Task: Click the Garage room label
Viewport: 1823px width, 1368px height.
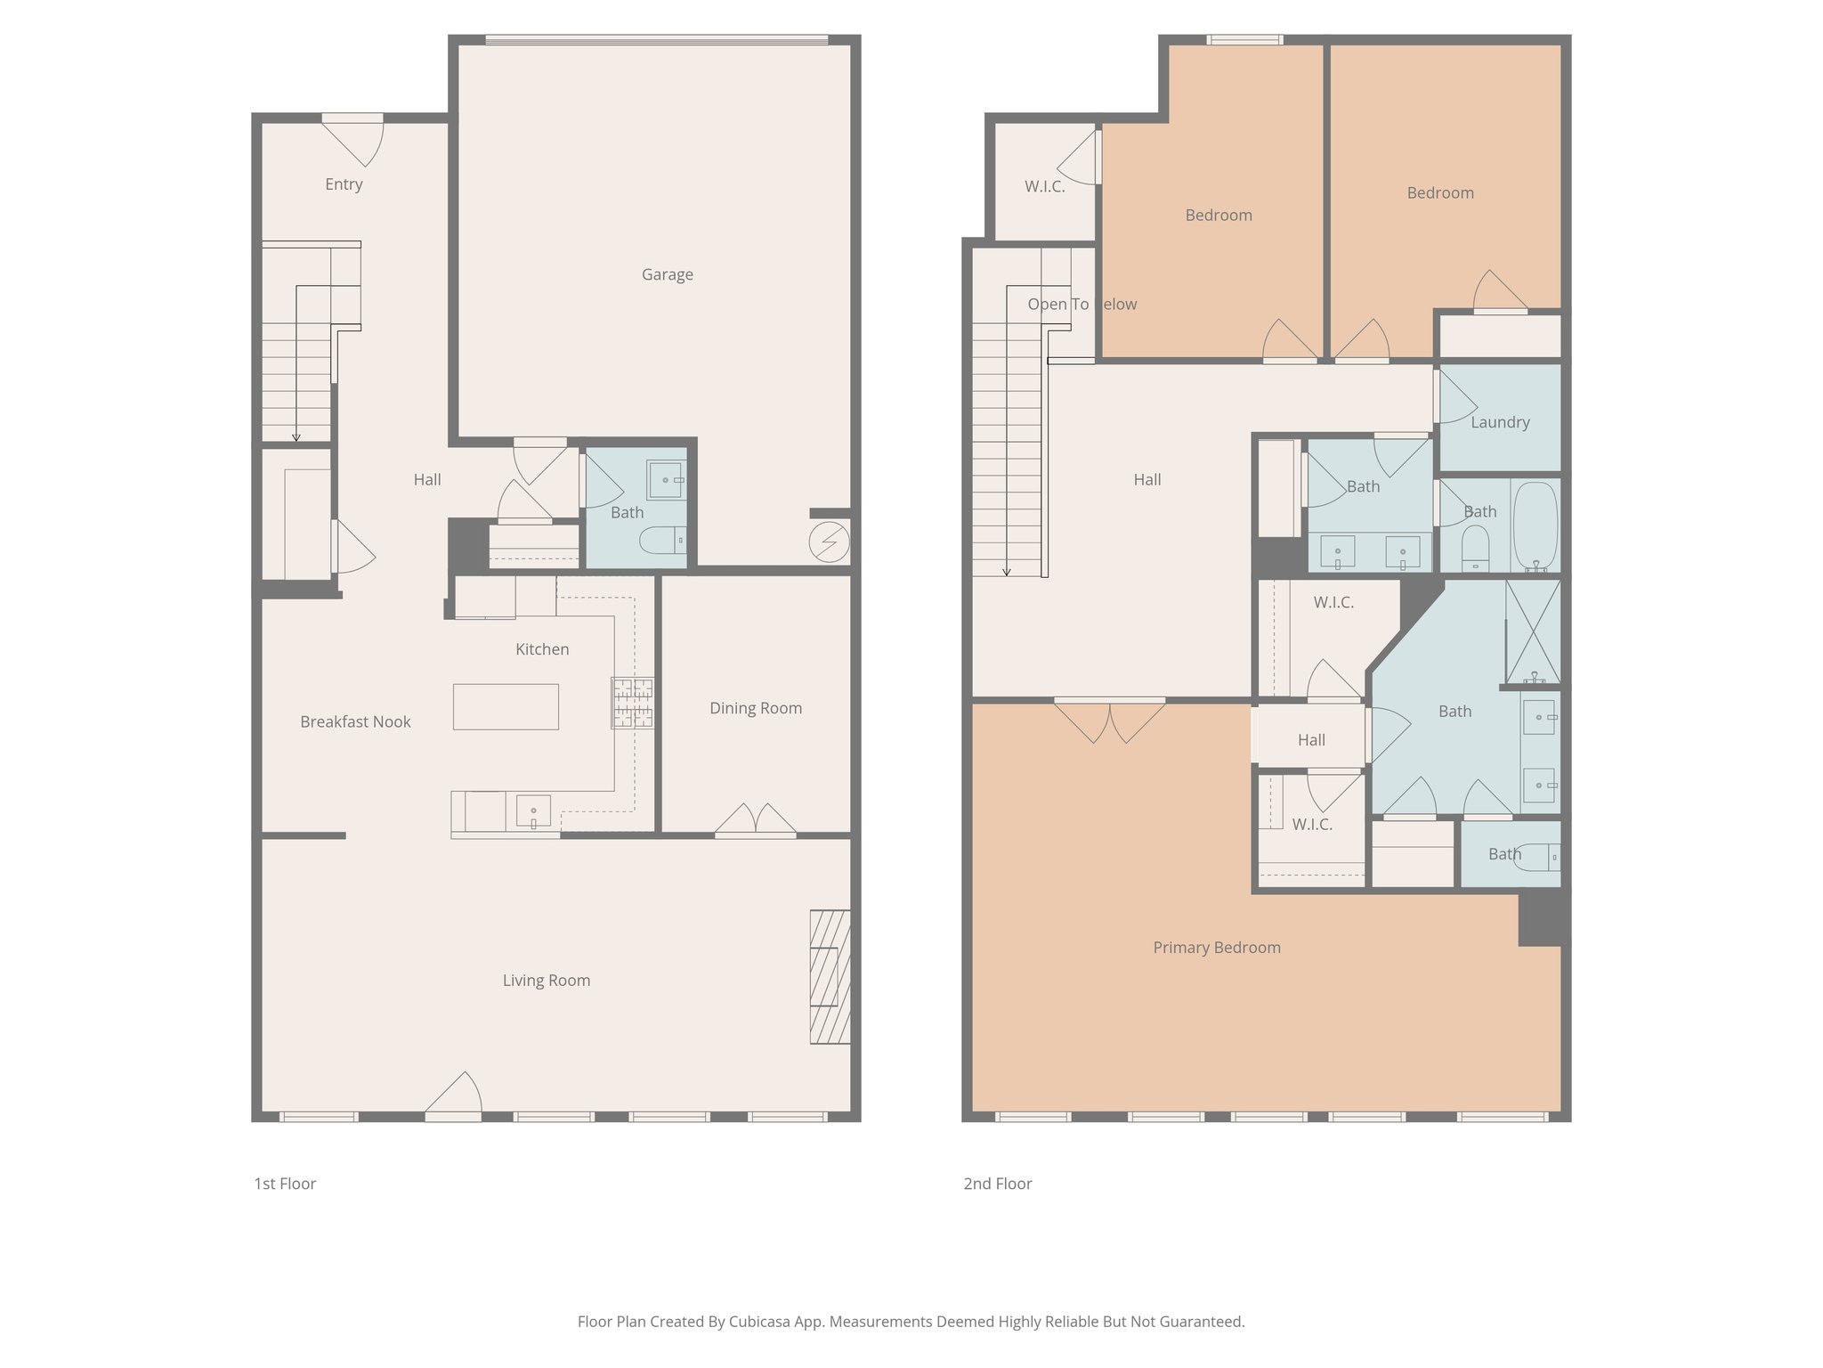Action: pos(667,274)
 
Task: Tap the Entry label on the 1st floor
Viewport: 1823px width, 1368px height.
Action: pos(344,184)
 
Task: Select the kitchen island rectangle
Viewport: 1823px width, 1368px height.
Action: pos(506,706)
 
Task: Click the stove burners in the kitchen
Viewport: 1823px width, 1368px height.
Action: pos(632,703)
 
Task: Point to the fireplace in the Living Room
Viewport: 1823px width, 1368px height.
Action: pos(830,976)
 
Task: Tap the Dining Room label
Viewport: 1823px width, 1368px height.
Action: pos(755,708)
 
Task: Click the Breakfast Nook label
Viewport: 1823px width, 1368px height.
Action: pos(355,721)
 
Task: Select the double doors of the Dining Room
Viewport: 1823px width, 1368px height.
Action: pos(755,819)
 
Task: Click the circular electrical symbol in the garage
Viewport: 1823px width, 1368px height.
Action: pos(829,541)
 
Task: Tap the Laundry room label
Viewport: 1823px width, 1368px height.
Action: pos(1500,422)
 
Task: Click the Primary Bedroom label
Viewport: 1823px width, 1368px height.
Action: pos(1216,948)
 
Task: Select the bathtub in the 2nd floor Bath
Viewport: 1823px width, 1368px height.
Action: pos(1535,525)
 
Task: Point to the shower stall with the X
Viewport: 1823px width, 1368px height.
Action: pos(1532,631)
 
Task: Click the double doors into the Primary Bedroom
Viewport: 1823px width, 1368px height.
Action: pos(1109,720)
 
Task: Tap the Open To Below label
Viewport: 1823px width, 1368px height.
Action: pos(1082,304)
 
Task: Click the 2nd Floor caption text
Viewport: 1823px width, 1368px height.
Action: pos(997,1184)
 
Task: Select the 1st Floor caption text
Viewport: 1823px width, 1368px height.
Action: pos(285,1184)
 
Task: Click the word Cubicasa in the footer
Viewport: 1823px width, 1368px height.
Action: pos(764,1322)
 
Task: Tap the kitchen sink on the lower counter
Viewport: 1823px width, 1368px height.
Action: pos(533,811)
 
